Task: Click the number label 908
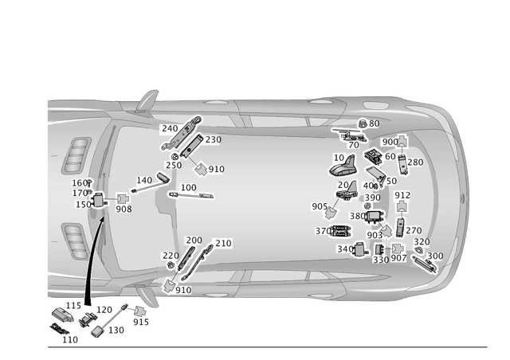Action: [123, 210]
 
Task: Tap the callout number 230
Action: [213, 139]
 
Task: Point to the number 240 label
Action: [170, 128]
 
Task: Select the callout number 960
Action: [390, 142]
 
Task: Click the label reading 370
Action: [322, 231]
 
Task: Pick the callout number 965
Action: [320, 206]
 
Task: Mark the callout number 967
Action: [398, 260]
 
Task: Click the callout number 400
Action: [371, 186]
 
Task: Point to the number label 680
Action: [356, 216]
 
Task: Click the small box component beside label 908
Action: [124, 199]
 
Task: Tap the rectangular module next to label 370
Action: [340, 231]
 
